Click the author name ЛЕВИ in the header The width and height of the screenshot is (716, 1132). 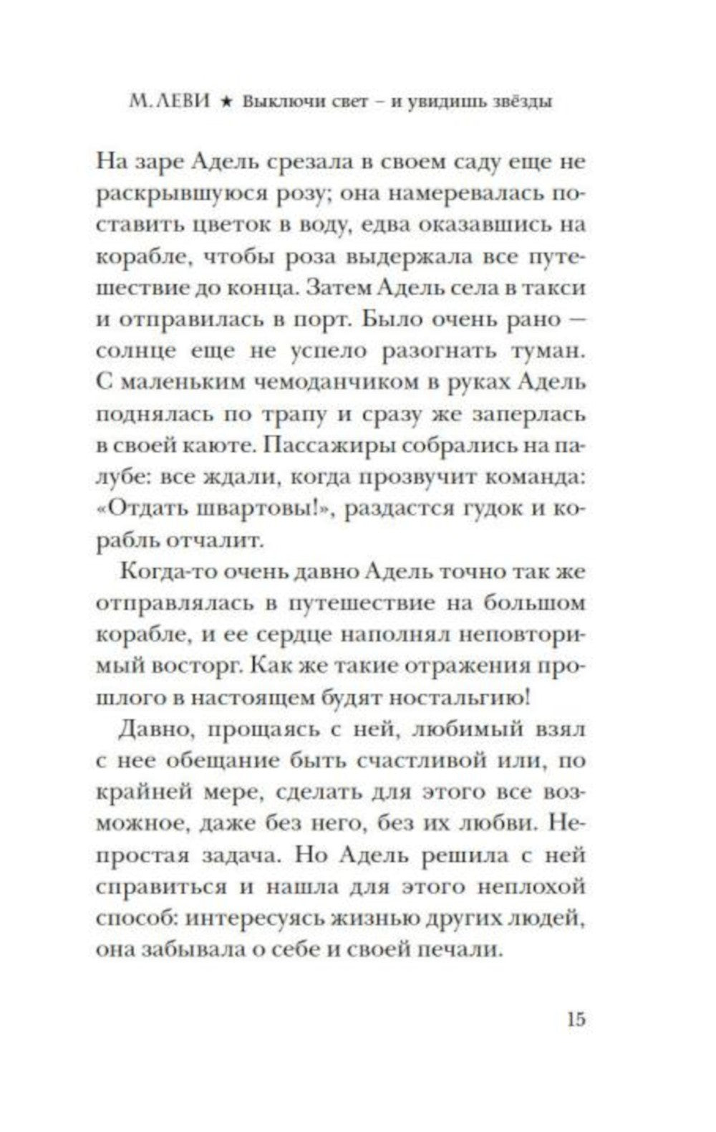pos(180,101)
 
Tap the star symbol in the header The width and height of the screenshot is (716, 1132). pos(224,102)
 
